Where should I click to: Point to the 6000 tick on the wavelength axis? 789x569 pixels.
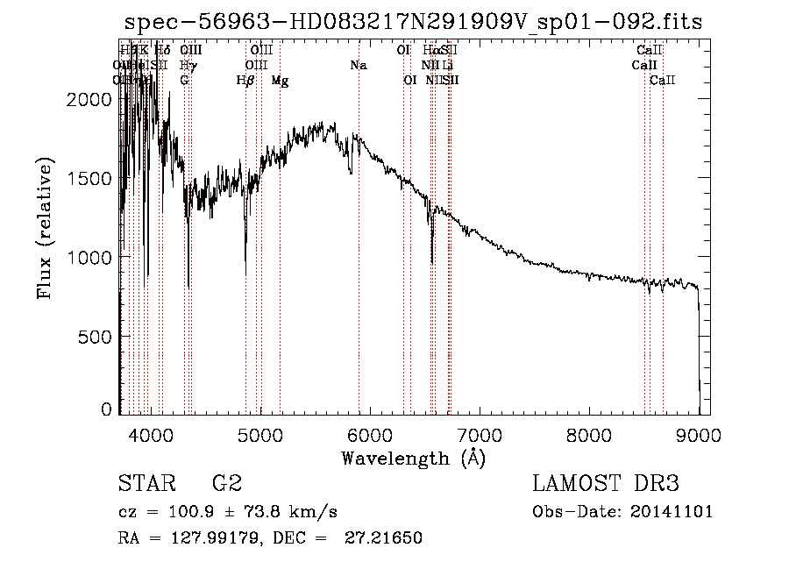coord(369,435)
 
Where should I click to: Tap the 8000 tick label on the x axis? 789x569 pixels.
coord(589,435)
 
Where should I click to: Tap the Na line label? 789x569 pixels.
coord(358,65)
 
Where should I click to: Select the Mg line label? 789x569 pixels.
coord(280,80)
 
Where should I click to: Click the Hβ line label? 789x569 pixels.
coord(245,80)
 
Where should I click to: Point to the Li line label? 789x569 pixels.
coord(448,65)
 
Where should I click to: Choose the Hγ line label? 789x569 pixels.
coord(187,65)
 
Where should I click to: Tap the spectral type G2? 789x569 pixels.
coord(226,484)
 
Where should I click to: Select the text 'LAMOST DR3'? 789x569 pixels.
coord(606,484)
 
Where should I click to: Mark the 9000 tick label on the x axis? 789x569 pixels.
coord(699,435)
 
